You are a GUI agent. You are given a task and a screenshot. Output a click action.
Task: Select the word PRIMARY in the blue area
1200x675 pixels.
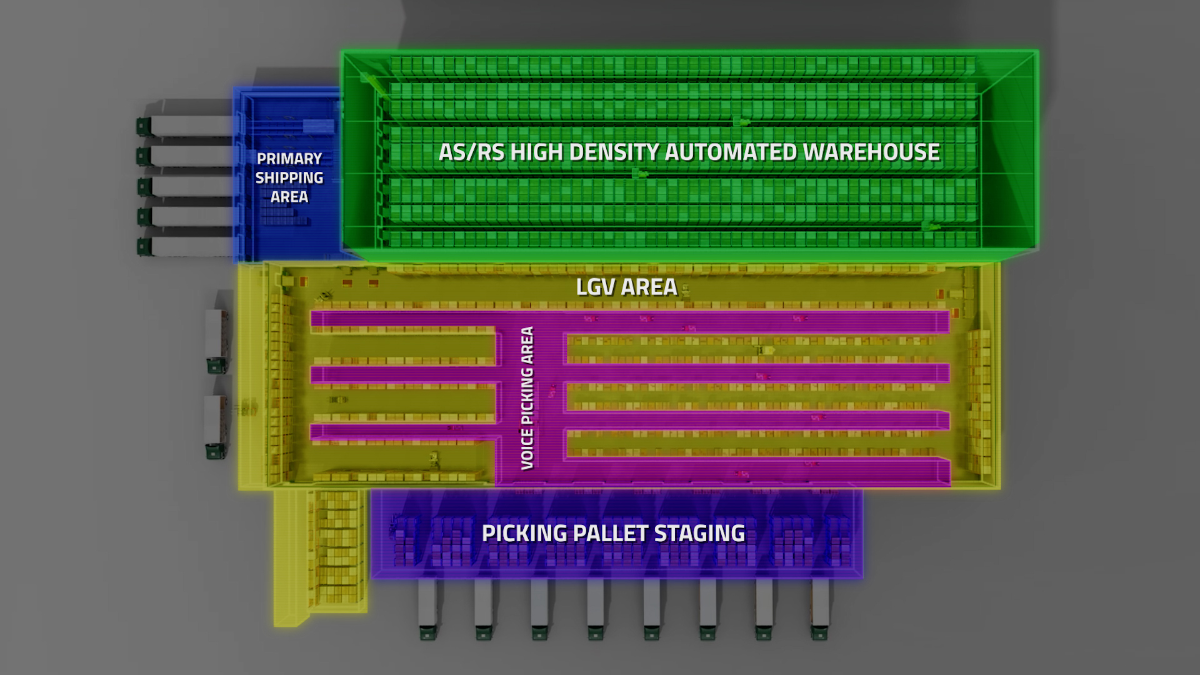click(x=289, y=159)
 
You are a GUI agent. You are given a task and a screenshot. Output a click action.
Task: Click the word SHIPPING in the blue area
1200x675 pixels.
click(x=289, y=177)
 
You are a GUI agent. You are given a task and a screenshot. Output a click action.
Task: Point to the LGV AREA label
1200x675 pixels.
click(x=626, y=287)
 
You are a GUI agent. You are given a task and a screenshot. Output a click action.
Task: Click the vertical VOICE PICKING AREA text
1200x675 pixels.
click(x=527, y=398)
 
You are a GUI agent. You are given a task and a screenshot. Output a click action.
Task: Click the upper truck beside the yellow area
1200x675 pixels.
click(x=216, y=341)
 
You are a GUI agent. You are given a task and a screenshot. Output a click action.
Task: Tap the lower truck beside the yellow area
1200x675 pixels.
click(x=215, y=427)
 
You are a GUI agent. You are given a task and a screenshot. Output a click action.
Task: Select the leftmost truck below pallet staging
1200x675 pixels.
click(x=427, y=609)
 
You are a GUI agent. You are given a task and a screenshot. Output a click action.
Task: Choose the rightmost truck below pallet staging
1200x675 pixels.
click(x=819, y=609)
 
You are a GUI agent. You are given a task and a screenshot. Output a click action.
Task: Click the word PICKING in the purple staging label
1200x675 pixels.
click(x=524, y=533)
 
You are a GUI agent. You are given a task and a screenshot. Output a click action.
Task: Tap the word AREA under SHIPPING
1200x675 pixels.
click(x=289, y=197)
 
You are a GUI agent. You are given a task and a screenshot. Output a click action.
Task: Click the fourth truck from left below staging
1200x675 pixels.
click(x=595, y=609)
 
